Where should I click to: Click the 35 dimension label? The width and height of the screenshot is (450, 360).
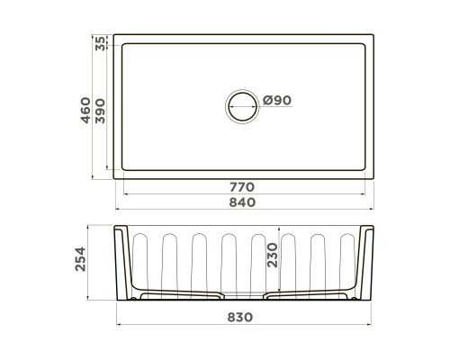click(99, 42)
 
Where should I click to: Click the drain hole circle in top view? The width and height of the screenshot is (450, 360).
click(241, 104)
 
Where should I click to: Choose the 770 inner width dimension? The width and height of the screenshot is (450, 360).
click(243, 186)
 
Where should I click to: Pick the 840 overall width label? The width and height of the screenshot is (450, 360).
click(243, 202)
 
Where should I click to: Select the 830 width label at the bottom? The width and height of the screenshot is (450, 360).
click(243, 317)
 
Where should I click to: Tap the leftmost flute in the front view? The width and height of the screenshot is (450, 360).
click(140, 261)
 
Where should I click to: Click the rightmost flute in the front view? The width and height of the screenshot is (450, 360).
click(346, 261)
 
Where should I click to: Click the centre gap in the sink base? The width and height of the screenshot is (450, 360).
click(243, 298)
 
